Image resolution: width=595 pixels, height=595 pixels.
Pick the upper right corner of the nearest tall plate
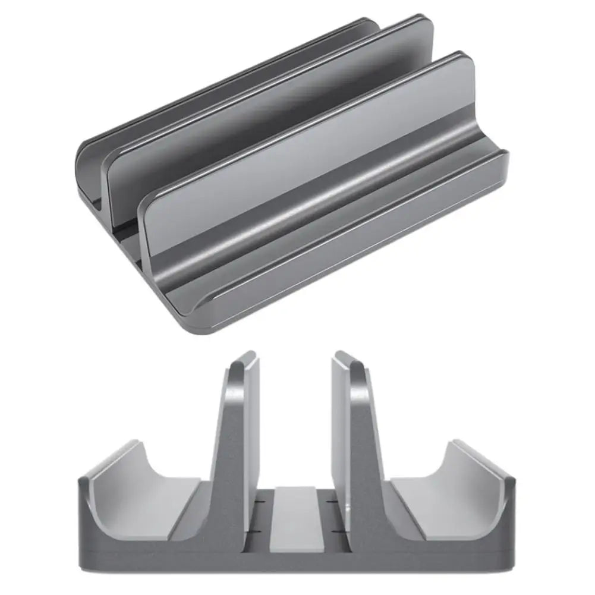(x=467, y=59)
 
